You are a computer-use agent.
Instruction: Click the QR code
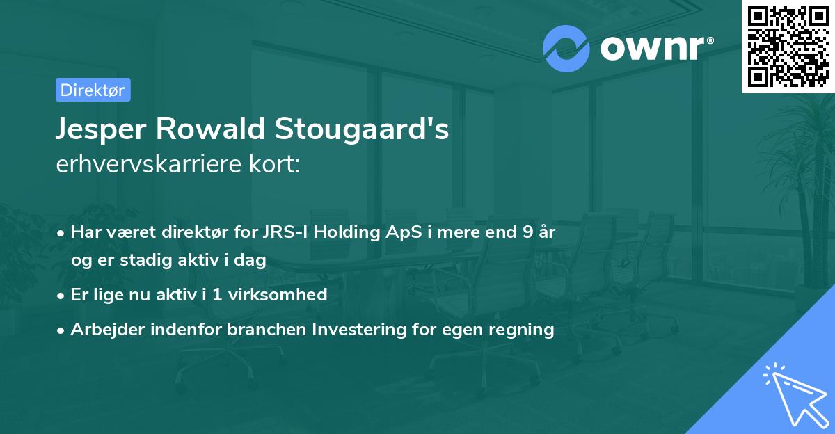pyautogui.click(x=788, y=46)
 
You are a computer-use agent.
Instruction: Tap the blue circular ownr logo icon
pyautogui.click(x=566, y=48)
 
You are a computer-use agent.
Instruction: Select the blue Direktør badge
pyautogui.click(x=93, y=90)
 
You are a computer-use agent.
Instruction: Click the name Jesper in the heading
pyautogui.click(x=102, y=130)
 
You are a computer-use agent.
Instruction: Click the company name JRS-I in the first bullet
pyautogui.click(x=285, y=232)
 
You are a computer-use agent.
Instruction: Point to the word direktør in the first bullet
pyautogui.click(x=204, y=232)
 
